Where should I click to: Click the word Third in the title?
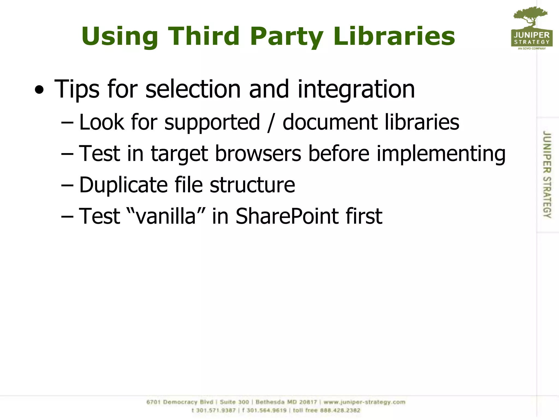click(204, 36)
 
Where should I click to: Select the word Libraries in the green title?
click(394, 36)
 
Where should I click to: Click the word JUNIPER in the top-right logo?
click(532, 35)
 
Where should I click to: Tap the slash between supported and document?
click(270, 123)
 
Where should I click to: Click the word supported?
click(212, 122)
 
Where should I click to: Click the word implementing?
click(441, 154)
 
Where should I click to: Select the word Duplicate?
click(123, 185)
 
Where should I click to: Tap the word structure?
click(252, 185)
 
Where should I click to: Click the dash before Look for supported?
click(67, 123)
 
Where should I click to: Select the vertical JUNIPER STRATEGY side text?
click(547, 174)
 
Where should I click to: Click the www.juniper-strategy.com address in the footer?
click(364, 402)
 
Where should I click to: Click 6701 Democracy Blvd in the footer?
click(180, 402)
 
